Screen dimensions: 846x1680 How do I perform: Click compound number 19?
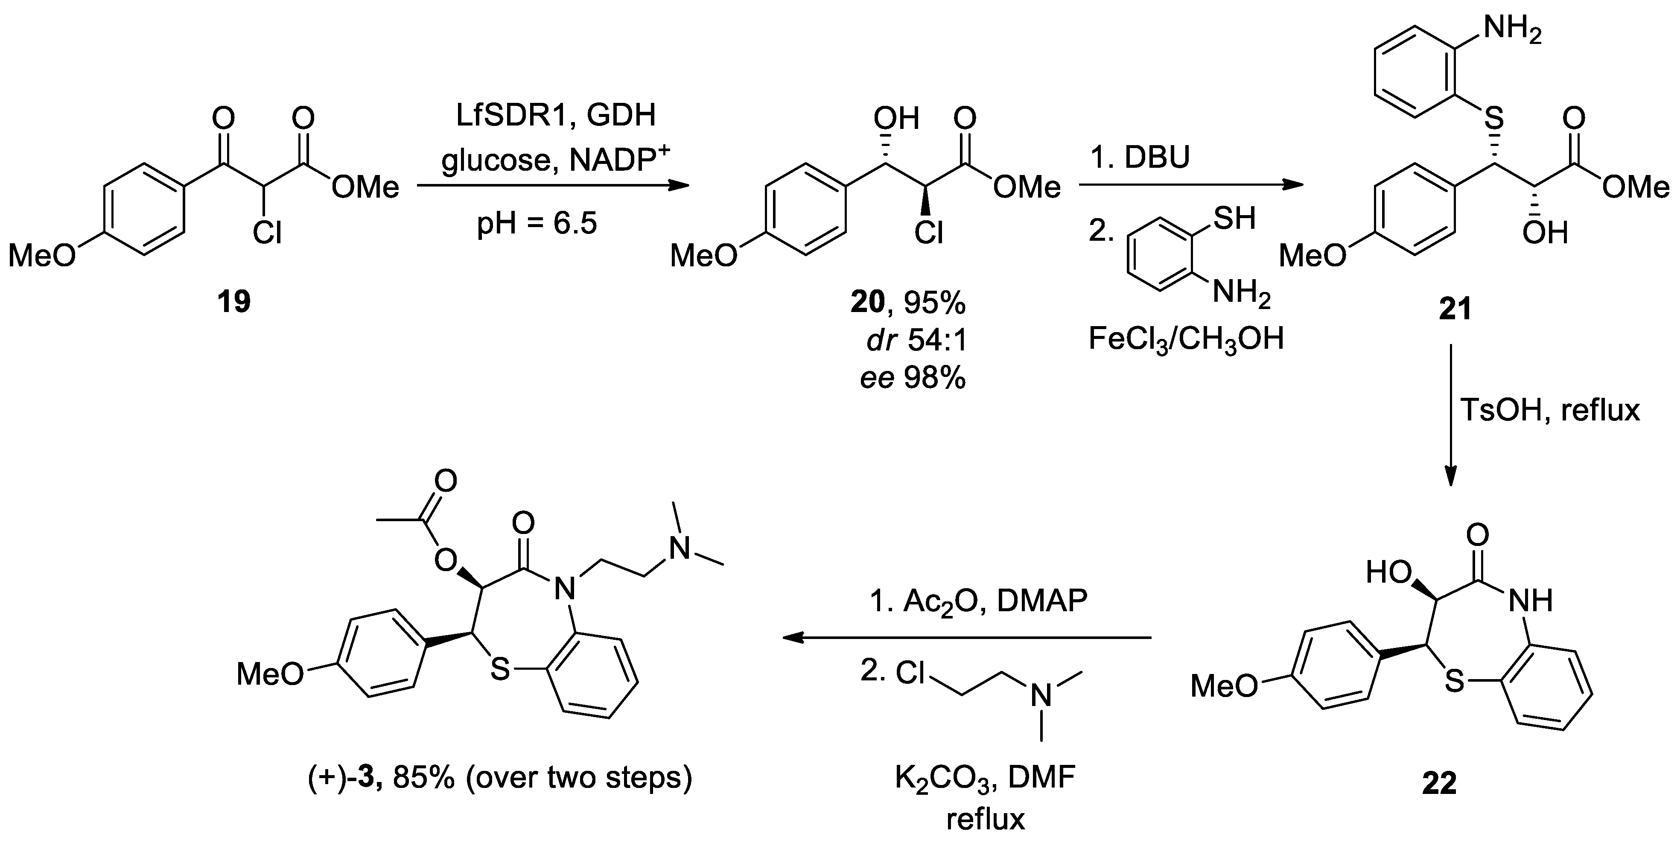[234, 302]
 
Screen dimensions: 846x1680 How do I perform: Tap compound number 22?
[1439, 783]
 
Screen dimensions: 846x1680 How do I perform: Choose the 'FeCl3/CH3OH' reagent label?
[1186, 339]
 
